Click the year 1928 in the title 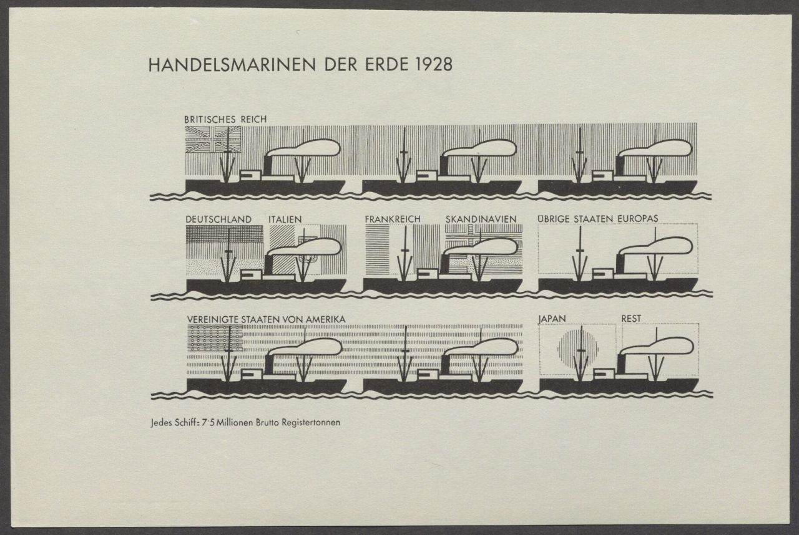click(x=434, y=64)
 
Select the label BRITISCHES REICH click(x=225, y=119)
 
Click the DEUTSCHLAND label click(x=218, y=219)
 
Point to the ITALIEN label click(x=285, y=219)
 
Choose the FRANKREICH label click(x=393, y=219)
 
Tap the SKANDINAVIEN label click(x=481, y=219)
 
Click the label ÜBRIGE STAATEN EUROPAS click(x=598, y=218)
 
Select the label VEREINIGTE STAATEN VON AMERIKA click(x=267, y=319)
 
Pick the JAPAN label click(x=552, y=319)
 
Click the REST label click(x=631, y=319)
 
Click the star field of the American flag click(x=215, y=339)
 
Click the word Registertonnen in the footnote click(x=311, y=423)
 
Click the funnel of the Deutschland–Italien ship click(x=268, y=264)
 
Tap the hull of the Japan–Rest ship click(x=619, y=386)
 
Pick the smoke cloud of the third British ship click(x=655, y=148)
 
